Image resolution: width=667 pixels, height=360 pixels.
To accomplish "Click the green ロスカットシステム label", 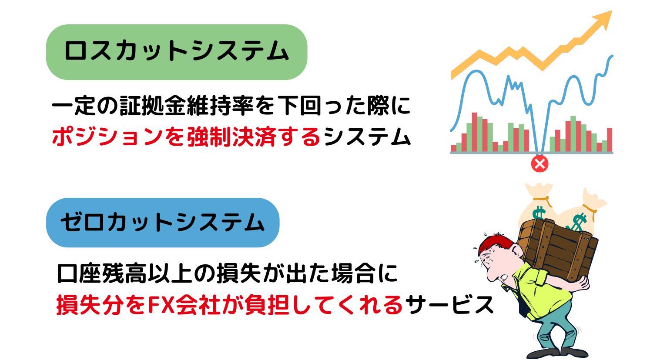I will (176, 52).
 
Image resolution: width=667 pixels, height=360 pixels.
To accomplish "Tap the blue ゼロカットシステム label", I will (162, 223).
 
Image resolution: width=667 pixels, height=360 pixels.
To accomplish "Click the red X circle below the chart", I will (540, 164).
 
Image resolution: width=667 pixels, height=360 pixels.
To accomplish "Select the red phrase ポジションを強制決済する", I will (186, 137).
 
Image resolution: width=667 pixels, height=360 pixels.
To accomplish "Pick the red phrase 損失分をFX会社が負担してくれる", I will (230, 305).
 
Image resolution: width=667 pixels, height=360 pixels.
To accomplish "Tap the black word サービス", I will (449, 305).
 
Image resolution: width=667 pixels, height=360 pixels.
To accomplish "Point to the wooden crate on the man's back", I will (557, 248).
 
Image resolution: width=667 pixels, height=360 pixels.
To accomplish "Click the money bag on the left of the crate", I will (539, 204).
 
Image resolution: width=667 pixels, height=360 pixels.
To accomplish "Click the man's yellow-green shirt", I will (544, 291).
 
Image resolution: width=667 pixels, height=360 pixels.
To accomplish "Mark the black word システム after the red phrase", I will (367, 137).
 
